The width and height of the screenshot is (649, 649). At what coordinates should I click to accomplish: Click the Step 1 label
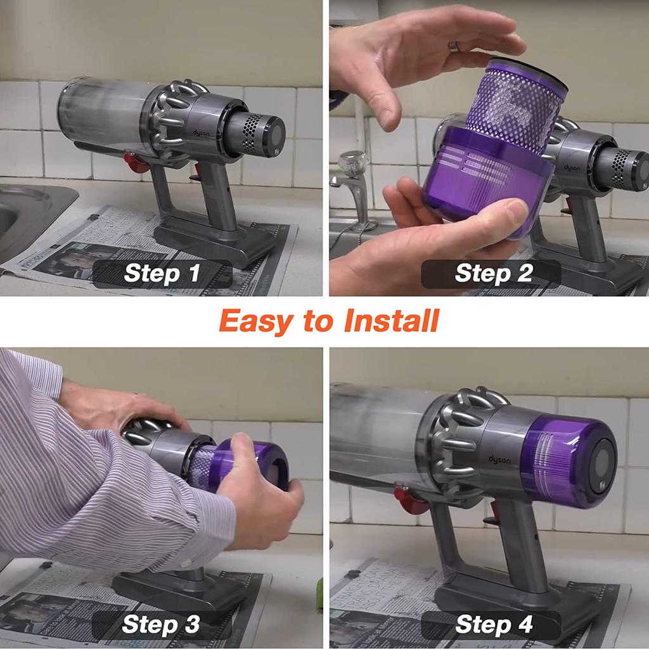(162, 273)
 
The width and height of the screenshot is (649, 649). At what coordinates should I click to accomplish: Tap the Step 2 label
(491, 273)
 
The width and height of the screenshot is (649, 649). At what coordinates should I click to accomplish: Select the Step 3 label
(162, 624)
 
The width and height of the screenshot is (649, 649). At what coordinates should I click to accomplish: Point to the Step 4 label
(491, 624)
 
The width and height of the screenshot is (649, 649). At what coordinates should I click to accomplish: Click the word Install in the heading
(390, 321)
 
